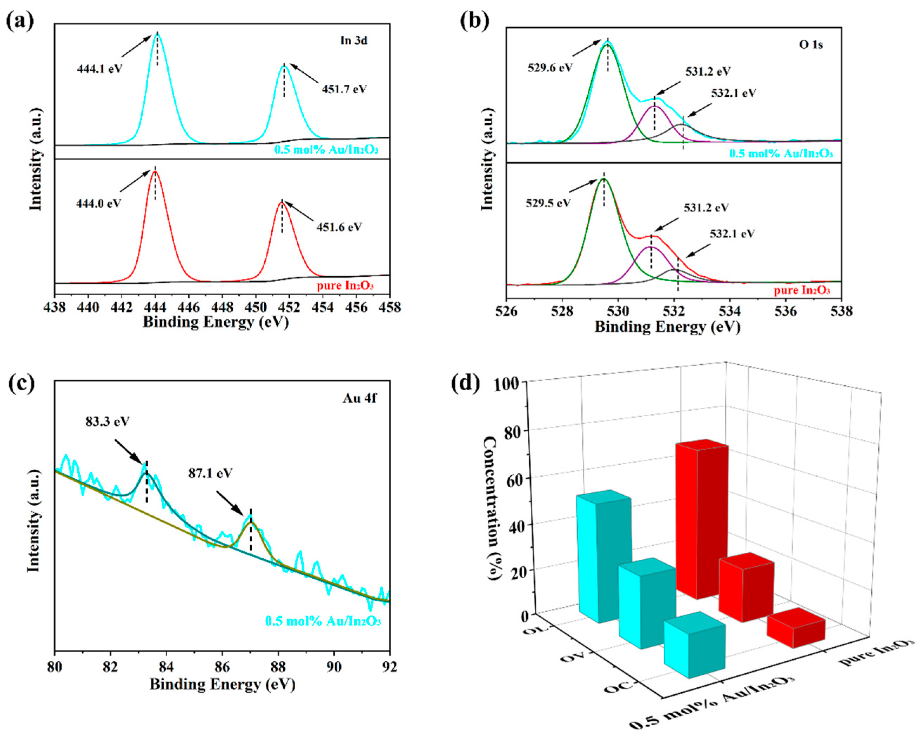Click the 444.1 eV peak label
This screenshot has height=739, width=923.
(x=99, y=69)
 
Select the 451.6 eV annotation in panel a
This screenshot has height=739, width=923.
(x=339, y=227)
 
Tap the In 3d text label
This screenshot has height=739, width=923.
(x=354, y=41)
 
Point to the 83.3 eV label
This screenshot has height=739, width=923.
(x=107, y=422)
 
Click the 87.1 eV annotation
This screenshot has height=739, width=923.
(x=210, y=473)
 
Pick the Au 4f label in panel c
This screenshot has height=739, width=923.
(x=360, y=398)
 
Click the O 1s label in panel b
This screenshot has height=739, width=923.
(x=811, y=45)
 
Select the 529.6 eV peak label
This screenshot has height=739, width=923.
(x=550, y=68)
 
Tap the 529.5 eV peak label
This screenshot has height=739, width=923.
(x=548, y=203)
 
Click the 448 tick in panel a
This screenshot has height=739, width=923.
(x=222, y=307)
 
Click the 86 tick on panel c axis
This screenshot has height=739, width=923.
(x=222, y=667)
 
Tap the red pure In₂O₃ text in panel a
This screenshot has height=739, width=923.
(x=345, y=285)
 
